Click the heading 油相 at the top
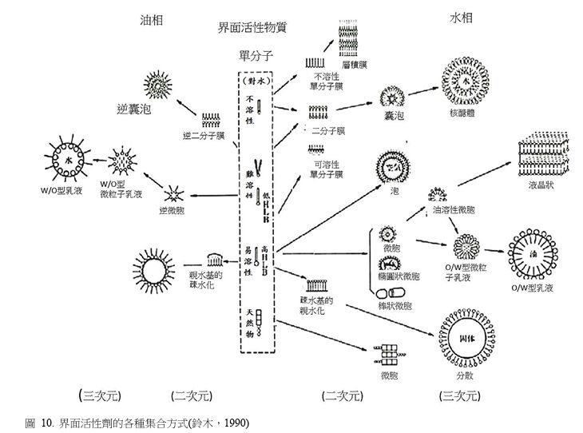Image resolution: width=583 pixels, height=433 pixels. [x=151, y=20]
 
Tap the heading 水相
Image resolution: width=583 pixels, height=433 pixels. [x=461, y=17]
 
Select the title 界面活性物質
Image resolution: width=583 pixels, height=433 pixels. [x=252, y=27]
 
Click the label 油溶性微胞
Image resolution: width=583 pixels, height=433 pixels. [x=453, y=210]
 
